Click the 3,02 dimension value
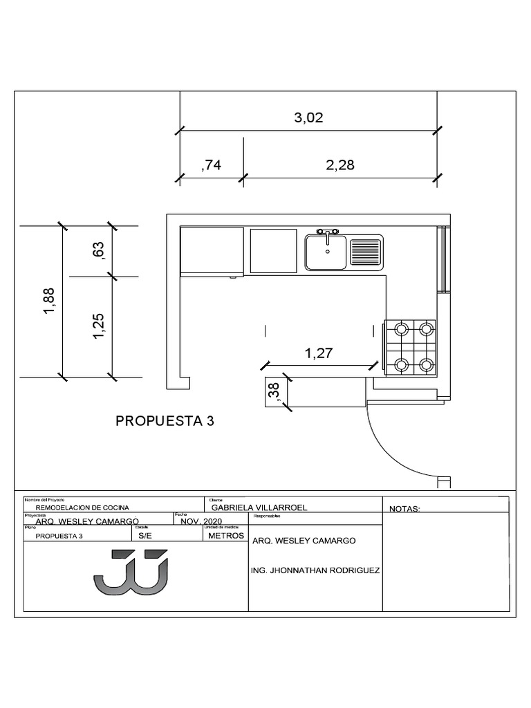point(308,118)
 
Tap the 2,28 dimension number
point(339,165)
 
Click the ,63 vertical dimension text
point(98,250)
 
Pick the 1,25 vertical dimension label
point(98,326)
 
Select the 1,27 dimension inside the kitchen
point(319,353)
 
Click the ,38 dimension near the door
point(273,392)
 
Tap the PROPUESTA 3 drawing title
point(165,421)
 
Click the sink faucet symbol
point(327,232)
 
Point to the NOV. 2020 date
point(201,521)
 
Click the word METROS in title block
point(225,536)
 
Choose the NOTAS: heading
point(404,509)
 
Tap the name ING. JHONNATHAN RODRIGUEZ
point(315,571)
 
